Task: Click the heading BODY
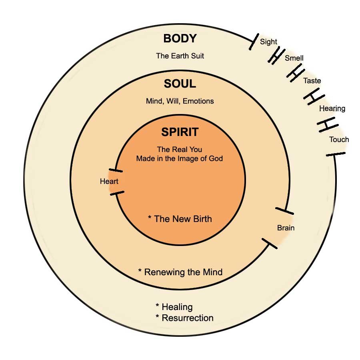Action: (x=180, y=39)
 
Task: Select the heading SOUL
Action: (x=180, y=84)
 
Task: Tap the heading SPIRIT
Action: (x=180, y=132)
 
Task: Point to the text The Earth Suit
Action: (x=180, y=56)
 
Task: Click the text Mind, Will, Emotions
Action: (x=180, y=101)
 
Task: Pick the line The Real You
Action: (x=180, y=150)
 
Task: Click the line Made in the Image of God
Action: (x=180, y=158)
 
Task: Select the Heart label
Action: (x=109, y=182)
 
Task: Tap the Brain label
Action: (x=286, y=228)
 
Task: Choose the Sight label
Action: (x=268, y=42)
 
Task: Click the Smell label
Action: (x=294, y=58)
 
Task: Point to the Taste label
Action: (x=312, y=81)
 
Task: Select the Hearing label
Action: (x=332, y=108)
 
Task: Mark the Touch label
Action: (x=339, y=140)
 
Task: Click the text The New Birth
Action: (x=183, y=219)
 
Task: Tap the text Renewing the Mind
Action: (x=183, y=272)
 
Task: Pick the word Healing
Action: (x=177, y=307)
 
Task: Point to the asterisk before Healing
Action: (x=158, y=306)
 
